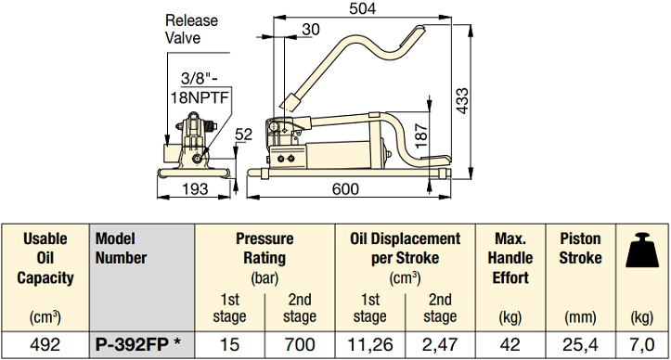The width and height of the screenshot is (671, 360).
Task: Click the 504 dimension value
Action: coord(362,8)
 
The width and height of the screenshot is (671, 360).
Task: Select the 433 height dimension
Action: coord(462,101)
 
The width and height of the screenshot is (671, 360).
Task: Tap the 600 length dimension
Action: coord(346,188)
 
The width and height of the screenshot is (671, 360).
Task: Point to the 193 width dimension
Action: coord(195,188)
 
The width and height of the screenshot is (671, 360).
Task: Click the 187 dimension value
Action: coord(421,135)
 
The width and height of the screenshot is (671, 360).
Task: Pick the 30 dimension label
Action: coord(311,29)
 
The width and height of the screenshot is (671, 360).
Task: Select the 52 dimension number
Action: coord(244,135)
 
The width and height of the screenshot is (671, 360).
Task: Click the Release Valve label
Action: coord(191,29)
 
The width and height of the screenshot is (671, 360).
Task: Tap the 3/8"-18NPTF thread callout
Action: coord(200,88)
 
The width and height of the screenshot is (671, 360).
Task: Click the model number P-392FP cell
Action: coord(137,344)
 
